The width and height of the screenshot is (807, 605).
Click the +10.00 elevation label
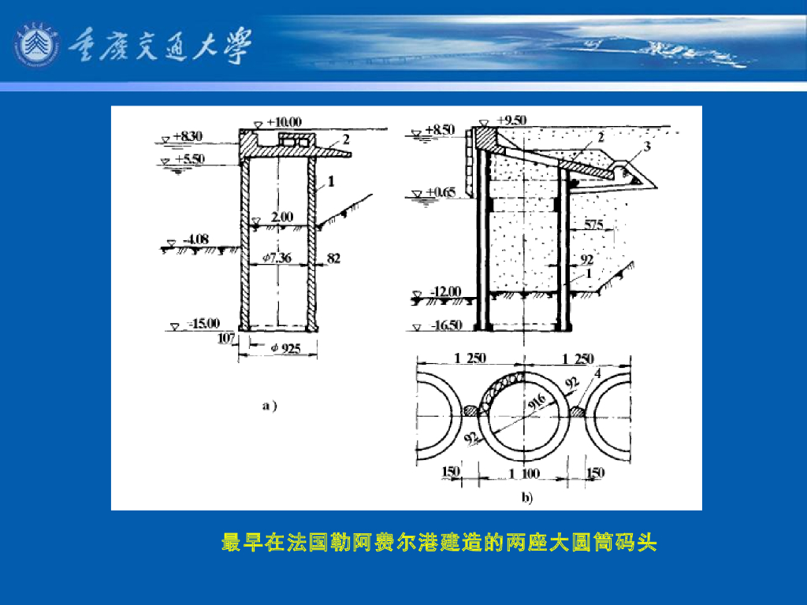pyautogui.click(x=284, y=122)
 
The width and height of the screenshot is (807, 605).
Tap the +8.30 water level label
pyautogui.click(x=188, y=136)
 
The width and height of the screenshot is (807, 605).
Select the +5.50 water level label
pyautogui.click(x=189, y=158)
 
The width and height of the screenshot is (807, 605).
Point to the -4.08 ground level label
pyautogui.click(x=195, y=239)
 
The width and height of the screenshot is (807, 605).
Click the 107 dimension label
pyautogui.click(x=226, y=338)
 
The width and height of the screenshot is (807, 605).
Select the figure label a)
pyautogui.click(x=270, y=406)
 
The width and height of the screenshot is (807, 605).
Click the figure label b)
pyautogui.click(x=526, y=497)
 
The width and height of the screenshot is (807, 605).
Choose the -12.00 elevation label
pyautogui.click(x=446, y=291)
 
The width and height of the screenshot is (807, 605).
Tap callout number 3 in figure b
pyautogui.click(x=646, y=147)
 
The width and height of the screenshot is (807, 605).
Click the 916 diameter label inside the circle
pyautogui.click(x=539, y=403)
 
